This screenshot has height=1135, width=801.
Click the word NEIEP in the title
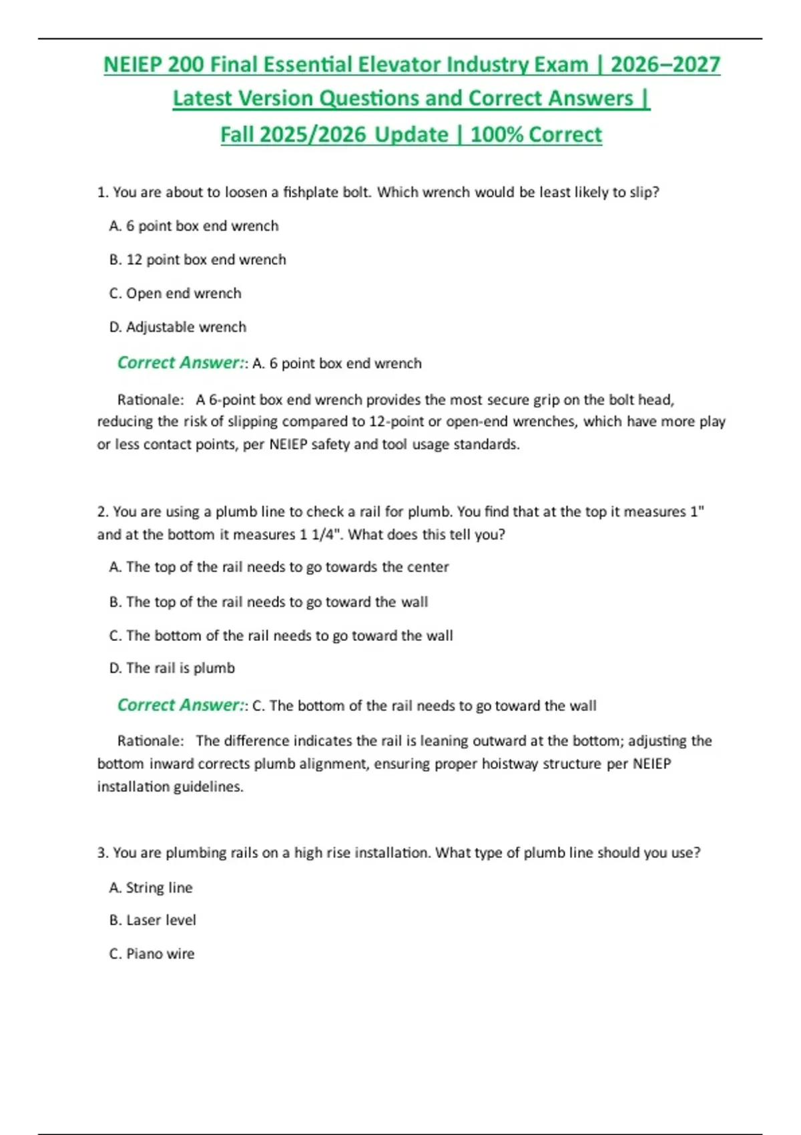[133, 65]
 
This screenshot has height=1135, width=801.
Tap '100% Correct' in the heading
[536, 135]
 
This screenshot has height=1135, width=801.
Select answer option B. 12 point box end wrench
[198, 260]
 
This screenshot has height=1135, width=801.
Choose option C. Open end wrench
[175, 293]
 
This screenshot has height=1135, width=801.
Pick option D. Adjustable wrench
[178, 327]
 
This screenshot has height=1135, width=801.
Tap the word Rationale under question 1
[150, 400]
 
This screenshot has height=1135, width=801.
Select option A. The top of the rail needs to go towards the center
[278, 567]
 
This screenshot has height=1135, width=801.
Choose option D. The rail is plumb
[172, 668]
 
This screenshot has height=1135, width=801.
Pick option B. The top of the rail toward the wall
[268, 602]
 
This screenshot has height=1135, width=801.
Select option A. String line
[151, 888]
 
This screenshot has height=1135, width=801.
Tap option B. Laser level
[152, 920]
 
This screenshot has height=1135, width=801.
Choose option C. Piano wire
[152, 954]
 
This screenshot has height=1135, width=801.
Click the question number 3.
[102, 853]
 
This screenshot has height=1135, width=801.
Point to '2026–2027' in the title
[665, 65]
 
